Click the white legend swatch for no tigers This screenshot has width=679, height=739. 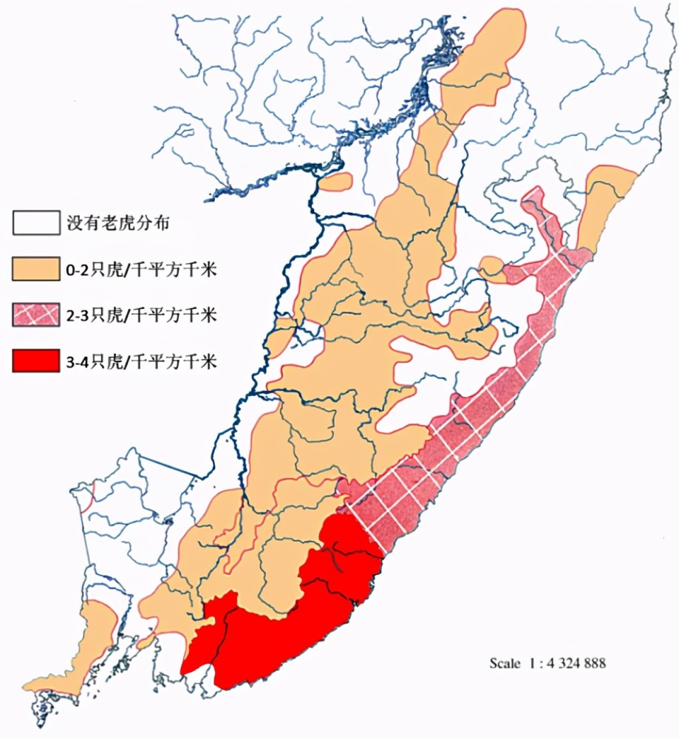(x=35, y=222)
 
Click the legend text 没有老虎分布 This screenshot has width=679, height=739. (x=118, y=222)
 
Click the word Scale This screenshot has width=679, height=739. (x=505, y=663)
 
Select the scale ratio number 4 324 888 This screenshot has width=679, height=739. (x=576, y=663)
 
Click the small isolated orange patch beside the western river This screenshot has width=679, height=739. (x=337, y=181)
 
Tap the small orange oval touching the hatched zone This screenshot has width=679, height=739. (x=491, y=267)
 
